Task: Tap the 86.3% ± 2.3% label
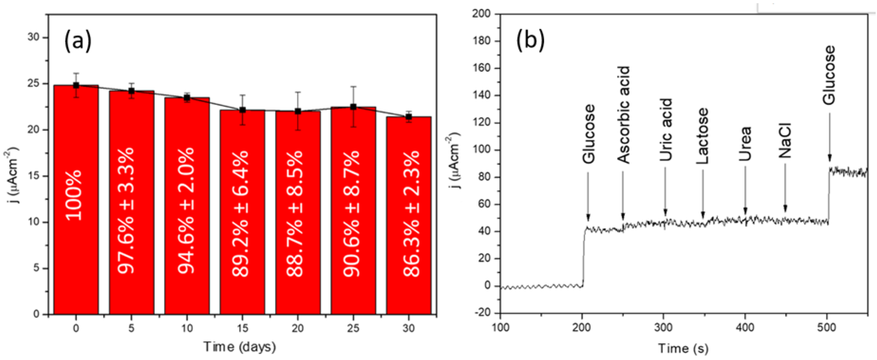pyautogui.click(x=412, y=214)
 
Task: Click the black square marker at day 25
pyautogui.click(x=353, y=107)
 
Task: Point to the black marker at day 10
pyautogui.click(x=187, y=98)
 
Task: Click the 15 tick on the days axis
pyautogui.click(x=242, y=328)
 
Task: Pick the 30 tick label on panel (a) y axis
pyautogui.click(x=34, y=37)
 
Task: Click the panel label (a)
pyautogui.click(x=78, y=41)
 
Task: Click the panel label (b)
pyautogui.click(x=530, y=40)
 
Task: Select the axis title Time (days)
pyautogui.click(x=240, y=347)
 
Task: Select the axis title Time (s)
pyautogui.click(x=683, y=348)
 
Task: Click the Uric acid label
pyautogui.click(x=666, y=129)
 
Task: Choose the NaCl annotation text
pyautogui.click(x=785, y=140)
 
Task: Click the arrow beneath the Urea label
pyautogui.click(x=745, y=192)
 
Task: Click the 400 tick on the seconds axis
pyautogui.click(x=745, y=328)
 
